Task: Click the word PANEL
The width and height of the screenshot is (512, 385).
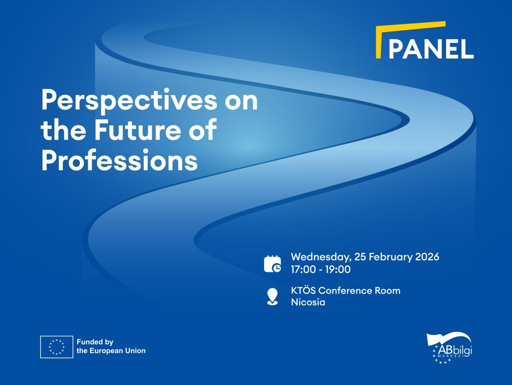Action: [x=431, y=49]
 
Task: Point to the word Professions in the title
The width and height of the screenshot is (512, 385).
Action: [x=120, y=160]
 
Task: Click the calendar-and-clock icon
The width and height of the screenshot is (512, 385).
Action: [x=272, y=264]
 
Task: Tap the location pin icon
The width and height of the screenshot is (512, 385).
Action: [x=272, y=297]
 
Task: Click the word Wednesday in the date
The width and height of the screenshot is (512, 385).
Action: [x=321, y=257]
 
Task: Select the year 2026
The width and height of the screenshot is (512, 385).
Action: [x=427, y=257]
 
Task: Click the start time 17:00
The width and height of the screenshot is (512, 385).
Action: [x=303, y=269]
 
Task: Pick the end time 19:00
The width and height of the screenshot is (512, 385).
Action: [x=338, y=269]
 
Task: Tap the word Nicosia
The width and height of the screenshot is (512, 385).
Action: [x=308, y=302]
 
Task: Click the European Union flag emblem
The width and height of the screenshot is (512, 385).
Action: [x=56, y=347]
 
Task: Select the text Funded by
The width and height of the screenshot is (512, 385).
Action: [x=95, y=342]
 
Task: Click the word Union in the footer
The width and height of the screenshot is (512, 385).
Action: [x=136, y=351]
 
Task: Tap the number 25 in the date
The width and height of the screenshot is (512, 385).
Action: [x=360, y=257]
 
